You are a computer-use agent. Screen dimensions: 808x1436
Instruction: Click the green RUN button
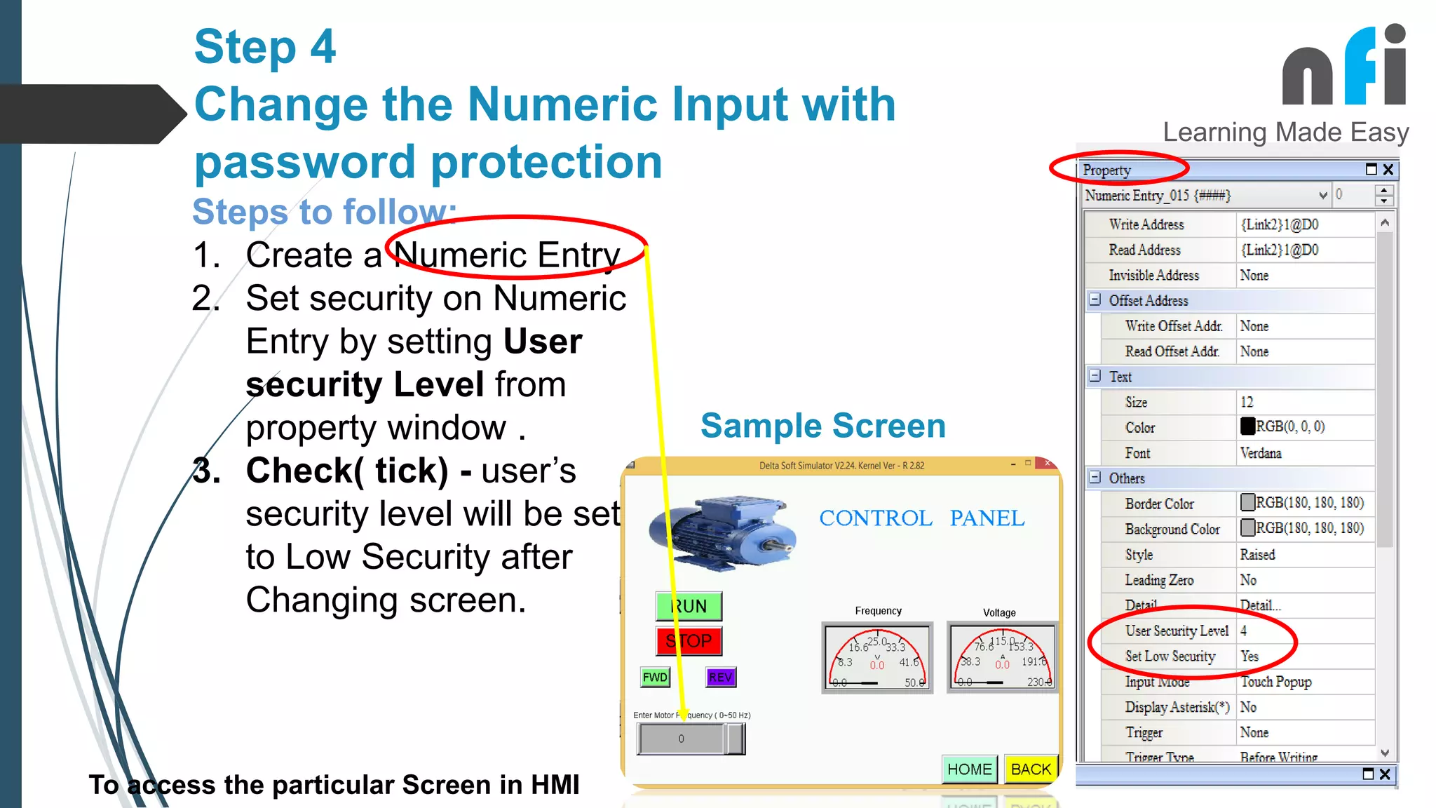689,606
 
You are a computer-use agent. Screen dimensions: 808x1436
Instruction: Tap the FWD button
655,677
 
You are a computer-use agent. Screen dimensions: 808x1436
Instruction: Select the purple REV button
720,677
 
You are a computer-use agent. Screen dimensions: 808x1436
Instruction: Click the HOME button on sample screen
969,769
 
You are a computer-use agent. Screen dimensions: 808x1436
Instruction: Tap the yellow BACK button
1031,769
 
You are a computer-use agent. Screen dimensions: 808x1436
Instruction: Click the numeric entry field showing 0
681,739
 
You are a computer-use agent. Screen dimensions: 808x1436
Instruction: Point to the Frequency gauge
877,657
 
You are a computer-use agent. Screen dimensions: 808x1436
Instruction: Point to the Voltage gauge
1002,657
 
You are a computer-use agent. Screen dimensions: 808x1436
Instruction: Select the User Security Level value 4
1244,631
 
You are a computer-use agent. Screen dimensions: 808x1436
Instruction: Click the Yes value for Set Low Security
1249,656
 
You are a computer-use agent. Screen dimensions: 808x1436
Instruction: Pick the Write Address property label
1146,224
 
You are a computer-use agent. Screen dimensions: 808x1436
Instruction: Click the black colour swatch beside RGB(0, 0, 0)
1247,426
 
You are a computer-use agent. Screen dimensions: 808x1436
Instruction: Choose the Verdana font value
1260,453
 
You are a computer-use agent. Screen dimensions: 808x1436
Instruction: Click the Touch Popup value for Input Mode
1275,682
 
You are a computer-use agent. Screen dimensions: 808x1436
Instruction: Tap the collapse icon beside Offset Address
1095,300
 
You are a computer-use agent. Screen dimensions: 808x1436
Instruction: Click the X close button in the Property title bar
1388,170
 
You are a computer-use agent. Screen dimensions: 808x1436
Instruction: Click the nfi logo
1343,67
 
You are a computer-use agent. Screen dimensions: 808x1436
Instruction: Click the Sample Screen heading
823,426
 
